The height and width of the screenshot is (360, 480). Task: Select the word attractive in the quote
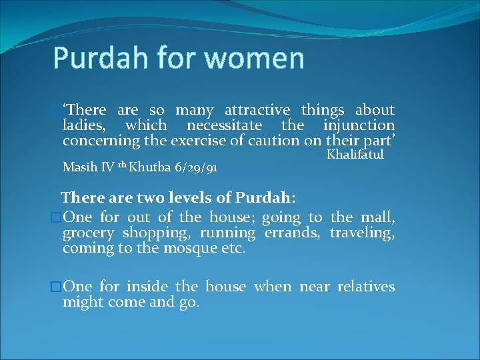pyautogui.click(x=257, y=110)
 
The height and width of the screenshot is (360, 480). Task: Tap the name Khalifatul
pyautogui.click(x=355, y=155)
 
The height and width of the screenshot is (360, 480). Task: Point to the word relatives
pyautogui.click(x=366, y=287)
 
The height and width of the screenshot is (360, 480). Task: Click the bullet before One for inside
pyautogui.click(x=56, y=287)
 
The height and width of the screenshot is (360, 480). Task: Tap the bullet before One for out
pyautogui.click(x=56, y=218)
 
